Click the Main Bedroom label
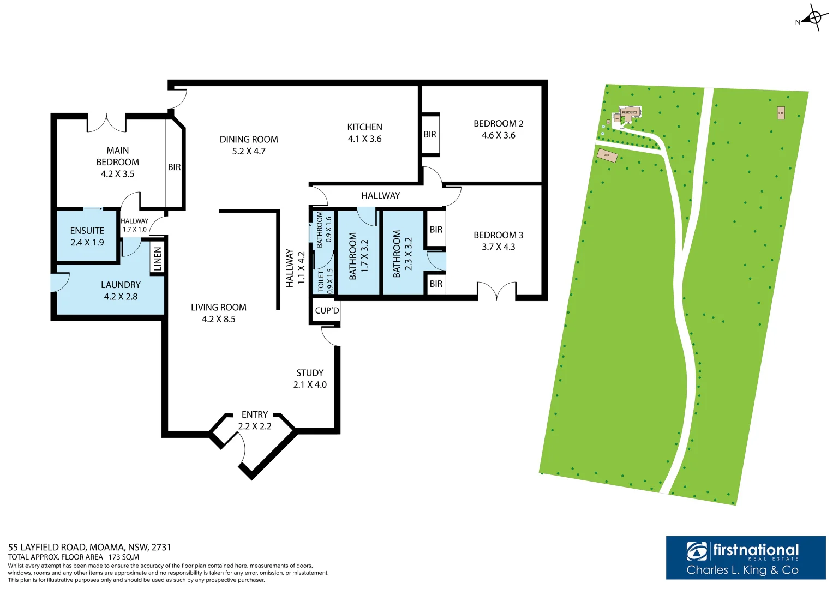coord(117,156)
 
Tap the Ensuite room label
coord(87,231)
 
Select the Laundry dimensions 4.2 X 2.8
coord(121,297)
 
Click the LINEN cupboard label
coord(158,259)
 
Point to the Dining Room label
coord(249,140)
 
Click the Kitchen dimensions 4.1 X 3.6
coord(364,139)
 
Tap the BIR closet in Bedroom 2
coord(430,134)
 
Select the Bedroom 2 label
coord(498,124)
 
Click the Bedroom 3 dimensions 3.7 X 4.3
coord(498,247)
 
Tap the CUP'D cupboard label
coord(327,311)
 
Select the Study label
coord(310,373)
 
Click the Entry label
coord(254,415)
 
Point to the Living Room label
coord(218,308)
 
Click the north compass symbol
coord(813,18)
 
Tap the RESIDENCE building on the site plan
coord(630,112)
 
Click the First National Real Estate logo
coord(745,557)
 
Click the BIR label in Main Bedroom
coord(174,167)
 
